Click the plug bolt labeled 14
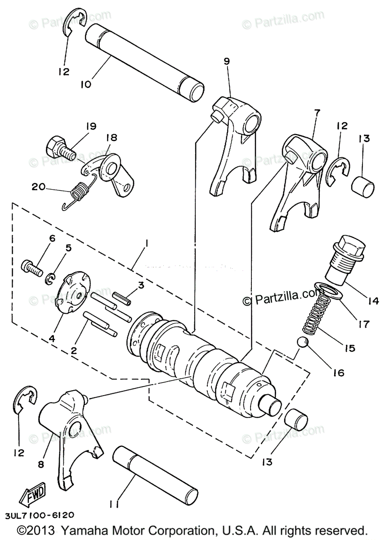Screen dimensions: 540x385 pyautogui.click(x=345, y=261)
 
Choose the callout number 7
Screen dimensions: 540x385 pyautogui.click(x=317, y=112)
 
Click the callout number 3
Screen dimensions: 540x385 pyautogui.click(x=140, y=284)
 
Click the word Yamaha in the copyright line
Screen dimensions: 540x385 pyautogui.click(x=81, y=529)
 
